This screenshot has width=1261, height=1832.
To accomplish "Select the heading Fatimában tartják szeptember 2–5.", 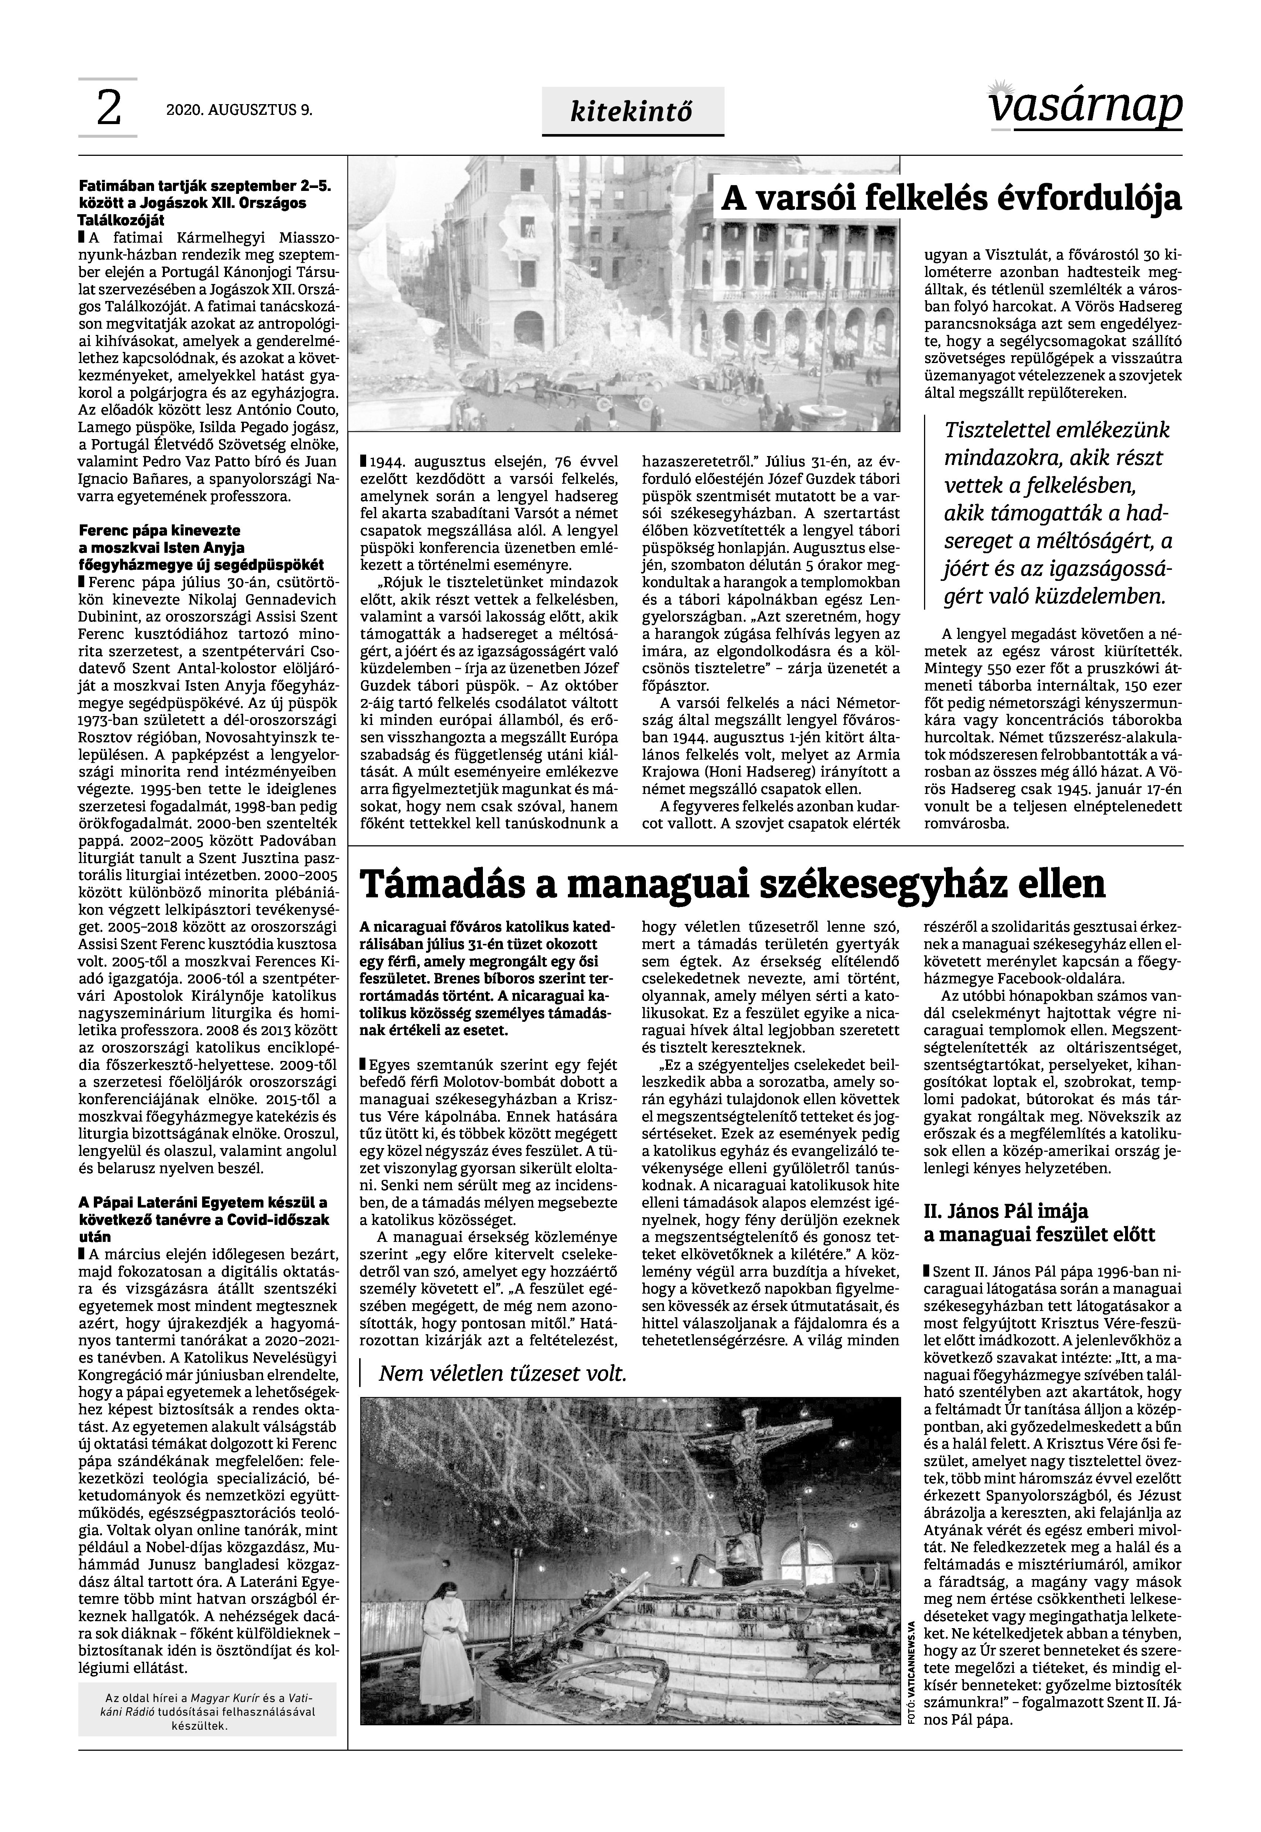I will [x=205, y=186].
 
